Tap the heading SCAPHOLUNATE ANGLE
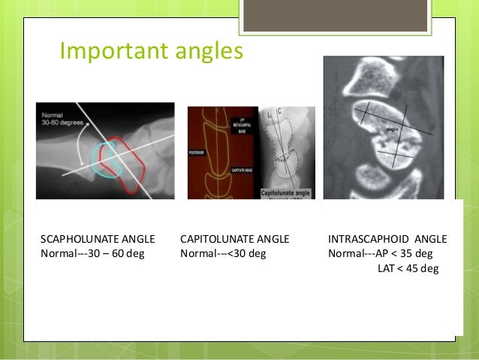(x=97, y=239)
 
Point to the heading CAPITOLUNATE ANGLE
(x=234, y=239)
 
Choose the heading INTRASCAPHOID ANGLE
(x=387, y=239)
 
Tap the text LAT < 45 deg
(x=408, y=268)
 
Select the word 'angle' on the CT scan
(x=390, y=129)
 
